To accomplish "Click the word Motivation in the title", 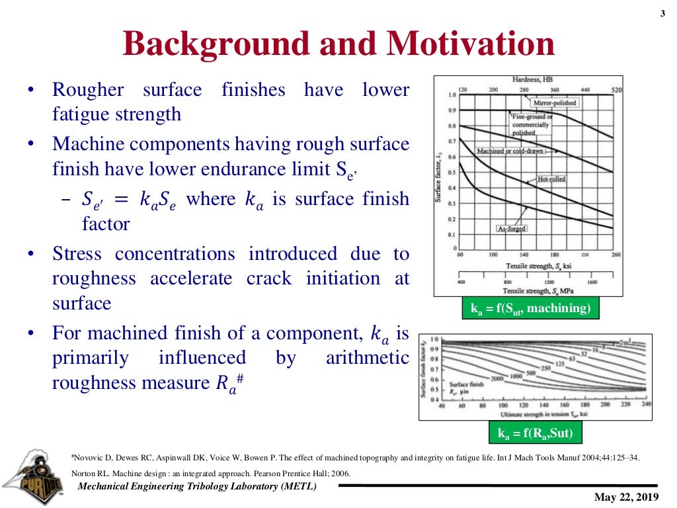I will click(x=471, y=44).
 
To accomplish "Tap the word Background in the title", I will click(x=216, y=44).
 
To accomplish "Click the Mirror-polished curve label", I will click(x=554, y=103).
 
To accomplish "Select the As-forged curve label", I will click(x=511, y=229).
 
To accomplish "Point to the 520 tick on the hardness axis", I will click(x=616, y=89).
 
